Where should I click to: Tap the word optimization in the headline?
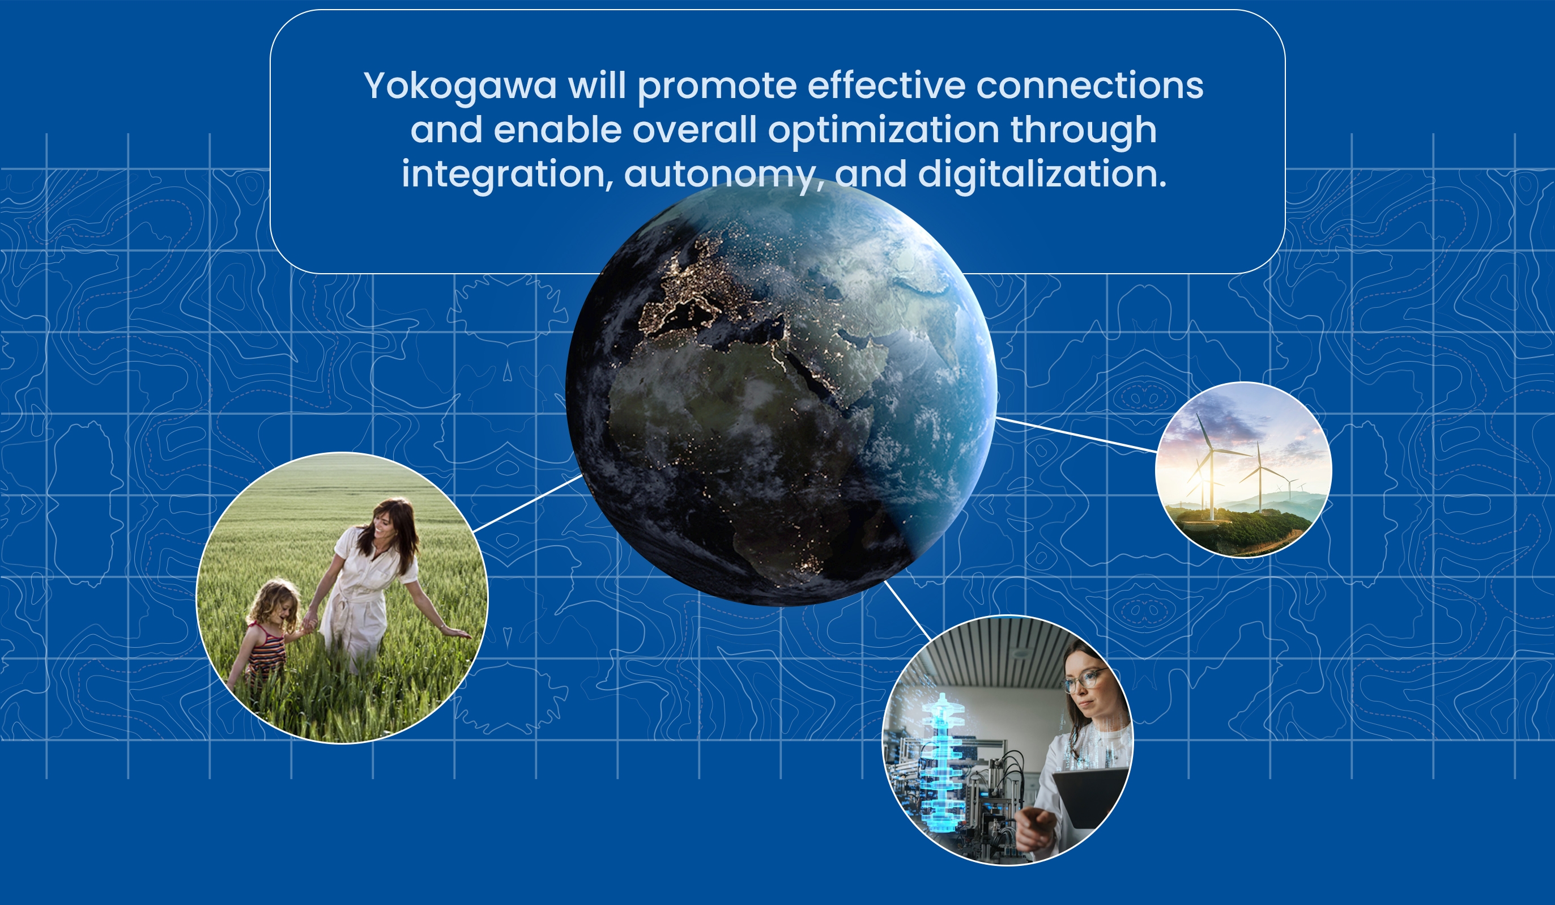[884, 130]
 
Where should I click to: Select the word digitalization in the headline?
[1042, 174]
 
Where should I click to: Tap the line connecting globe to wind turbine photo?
[1076, 435]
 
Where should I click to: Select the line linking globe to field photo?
[527, 503]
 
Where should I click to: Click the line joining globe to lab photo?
[908, 610]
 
